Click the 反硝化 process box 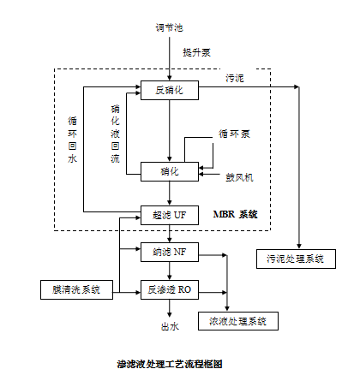coord(170,90)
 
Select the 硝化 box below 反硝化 coord(170,171)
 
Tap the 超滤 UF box coord(170,215)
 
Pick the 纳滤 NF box coord(170,252)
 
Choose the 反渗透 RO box coord(170,289)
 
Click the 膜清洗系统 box coord(76,289)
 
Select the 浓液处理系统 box coord(238,321)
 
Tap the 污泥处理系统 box coord(296,259)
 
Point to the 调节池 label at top coord(169,27)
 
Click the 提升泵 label coord(197,52)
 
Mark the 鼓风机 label coord(239,177)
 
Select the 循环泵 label coord(234,134)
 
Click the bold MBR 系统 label coord(236,214)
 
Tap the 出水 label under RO coord(170,326)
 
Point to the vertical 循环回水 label coord(72,140)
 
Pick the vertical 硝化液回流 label coord(115,134)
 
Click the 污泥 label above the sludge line coord(235,78)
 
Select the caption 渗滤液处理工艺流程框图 coord(170,364)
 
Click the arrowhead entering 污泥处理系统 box coord(299,247)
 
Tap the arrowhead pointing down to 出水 coord(170,314)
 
